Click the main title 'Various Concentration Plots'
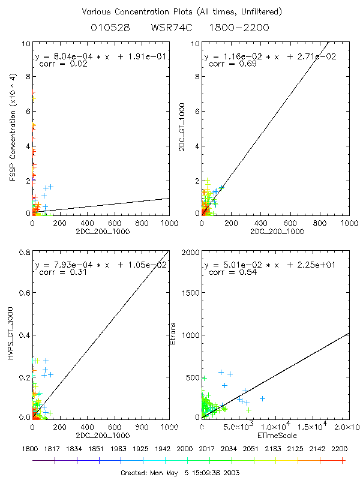pos(180,12)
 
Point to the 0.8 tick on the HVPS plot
pos(24,253)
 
